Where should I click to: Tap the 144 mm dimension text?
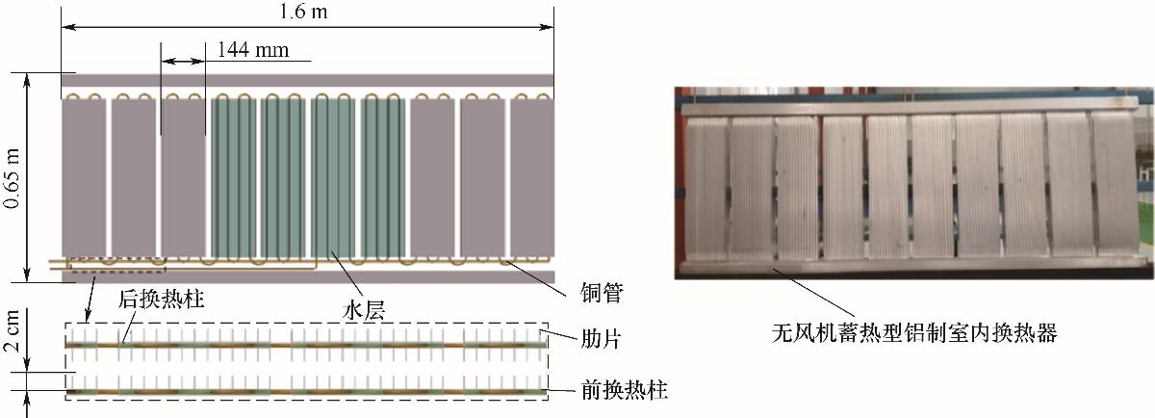[x=253, y=48]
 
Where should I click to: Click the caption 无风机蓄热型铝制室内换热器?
[x=914, y=332]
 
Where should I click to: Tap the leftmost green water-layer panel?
[x=235, y=178]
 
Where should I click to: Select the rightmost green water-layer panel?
[x=383, y=178]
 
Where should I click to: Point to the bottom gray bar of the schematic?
[x=308, y=276]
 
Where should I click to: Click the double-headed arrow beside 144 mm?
[x=183, y=61]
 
